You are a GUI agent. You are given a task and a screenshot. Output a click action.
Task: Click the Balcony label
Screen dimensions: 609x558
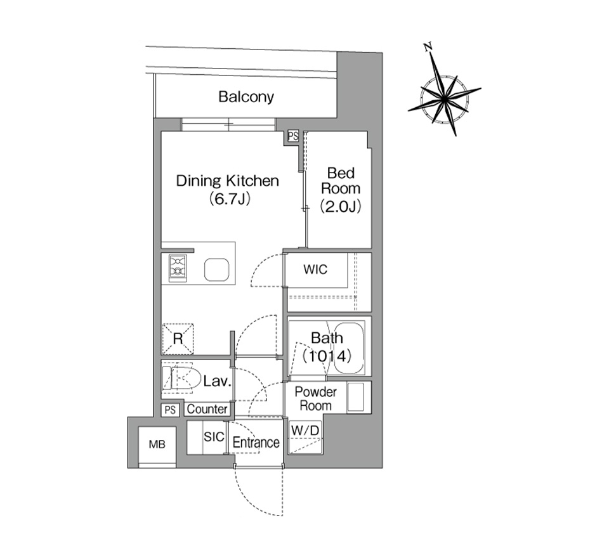246,96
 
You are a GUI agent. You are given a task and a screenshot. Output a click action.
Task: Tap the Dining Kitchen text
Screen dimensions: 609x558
227,181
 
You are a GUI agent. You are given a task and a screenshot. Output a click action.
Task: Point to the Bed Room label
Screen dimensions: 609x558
341,181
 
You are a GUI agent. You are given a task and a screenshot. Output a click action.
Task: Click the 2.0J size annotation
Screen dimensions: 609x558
341,206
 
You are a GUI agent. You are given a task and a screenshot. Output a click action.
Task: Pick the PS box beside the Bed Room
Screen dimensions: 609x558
293,136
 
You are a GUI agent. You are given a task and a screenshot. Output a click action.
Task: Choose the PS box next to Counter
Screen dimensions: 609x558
170,410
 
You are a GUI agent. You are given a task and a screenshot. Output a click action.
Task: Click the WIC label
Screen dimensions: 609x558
315,269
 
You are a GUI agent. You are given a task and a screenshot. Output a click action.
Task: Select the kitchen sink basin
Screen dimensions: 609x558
217,269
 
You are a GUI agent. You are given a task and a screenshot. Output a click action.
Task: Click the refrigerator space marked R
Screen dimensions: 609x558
178,339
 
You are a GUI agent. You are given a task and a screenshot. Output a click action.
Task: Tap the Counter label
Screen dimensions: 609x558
207,409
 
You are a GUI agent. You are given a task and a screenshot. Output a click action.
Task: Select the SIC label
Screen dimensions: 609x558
214,437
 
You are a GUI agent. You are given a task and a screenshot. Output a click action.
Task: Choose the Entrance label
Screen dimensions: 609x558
256,443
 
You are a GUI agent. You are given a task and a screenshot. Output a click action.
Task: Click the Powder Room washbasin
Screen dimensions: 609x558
355,397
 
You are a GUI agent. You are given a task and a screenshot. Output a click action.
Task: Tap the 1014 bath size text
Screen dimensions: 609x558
327,356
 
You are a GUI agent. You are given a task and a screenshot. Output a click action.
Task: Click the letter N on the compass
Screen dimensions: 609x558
428,48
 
